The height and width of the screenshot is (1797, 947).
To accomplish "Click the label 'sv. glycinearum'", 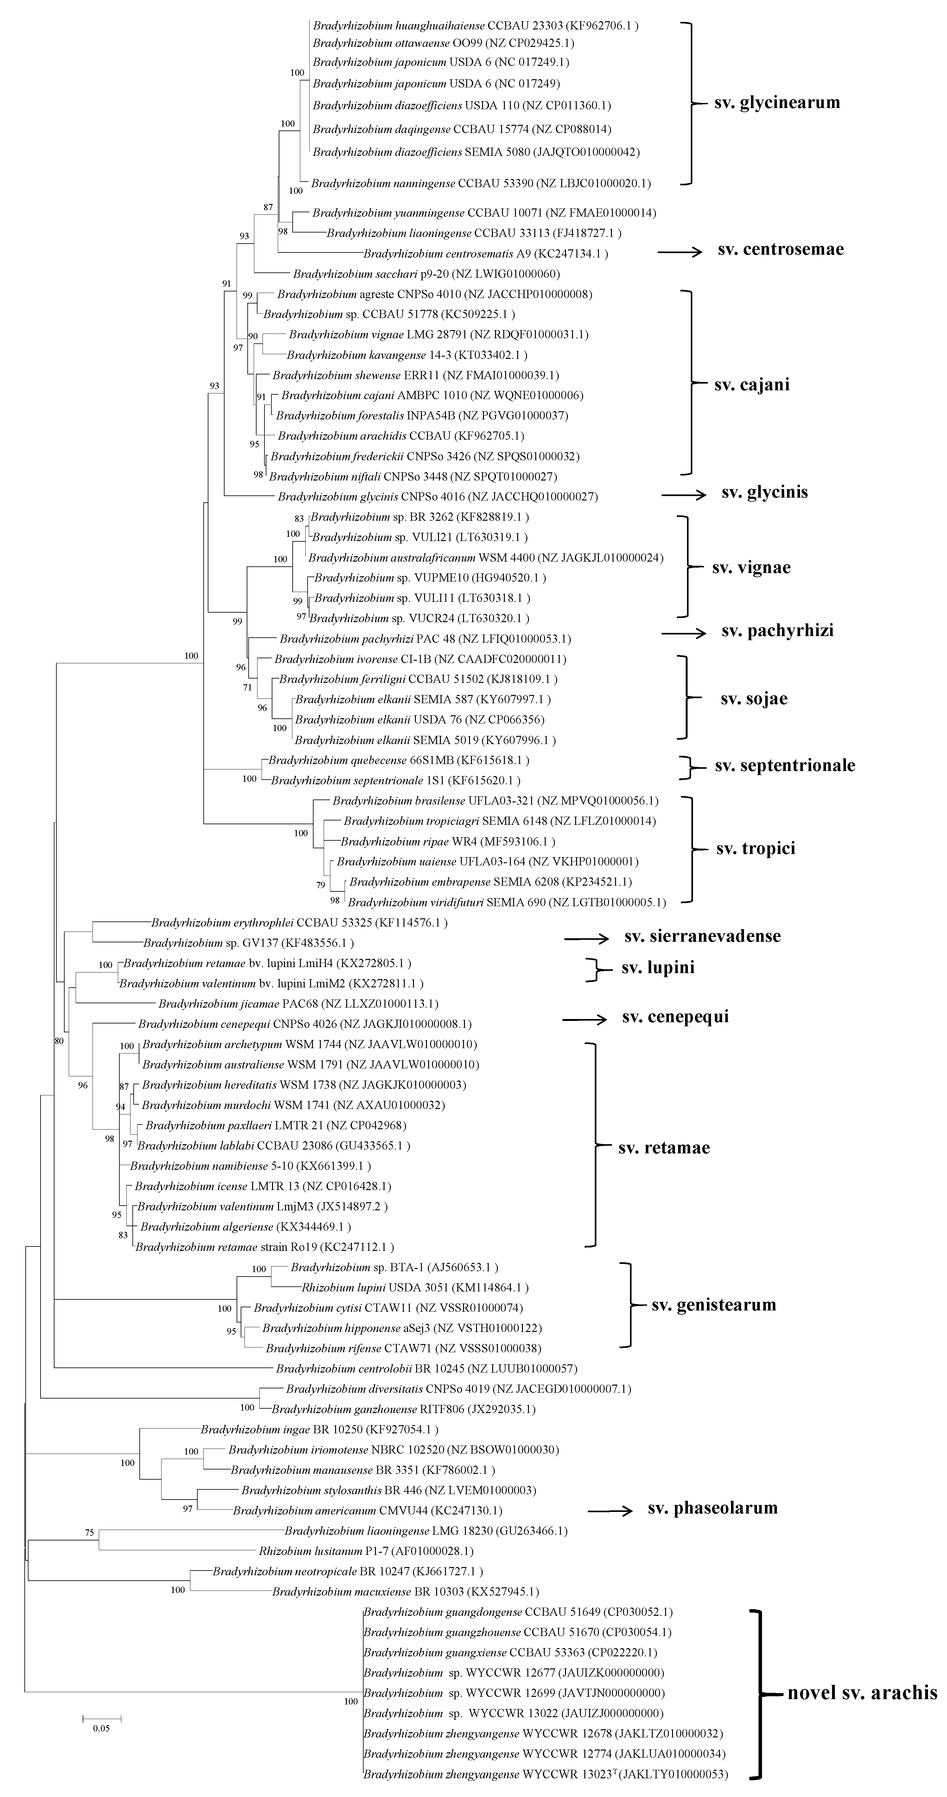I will coord(777,103).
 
